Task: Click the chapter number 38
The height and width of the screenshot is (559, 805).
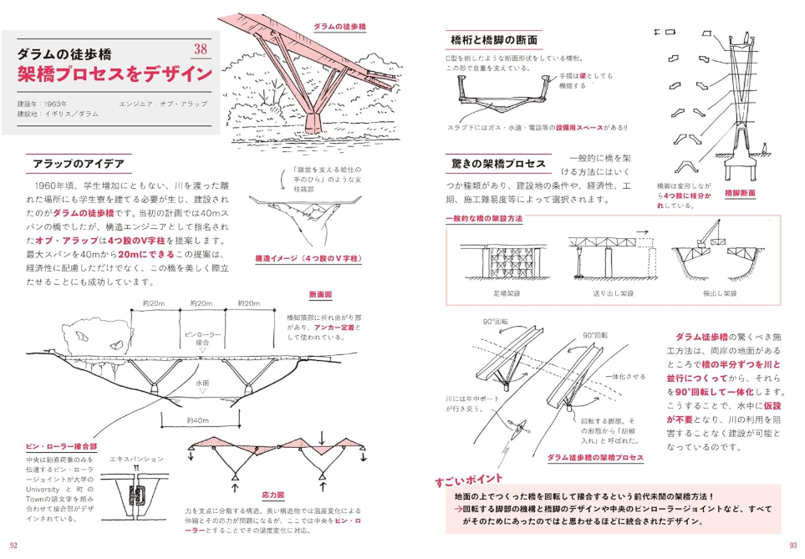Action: pos(200,48)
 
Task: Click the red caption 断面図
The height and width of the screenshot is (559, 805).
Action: pos(320,295)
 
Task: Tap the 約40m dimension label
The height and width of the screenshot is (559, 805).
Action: pos(198,420)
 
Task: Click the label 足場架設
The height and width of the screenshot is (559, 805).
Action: pos(507,294)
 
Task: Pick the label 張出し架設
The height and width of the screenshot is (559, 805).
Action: pos(719,294)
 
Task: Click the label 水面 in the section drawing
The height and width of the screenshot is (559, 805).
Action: pos(202,382)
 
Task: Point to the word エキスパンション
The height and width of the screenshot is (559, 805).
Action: pos(136,460)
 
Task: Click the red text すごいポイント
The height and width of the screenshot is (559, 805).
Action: pos(468,480)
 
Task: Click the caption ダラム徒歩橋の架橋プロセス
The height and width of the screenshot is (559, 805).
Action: pos(594,458)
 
